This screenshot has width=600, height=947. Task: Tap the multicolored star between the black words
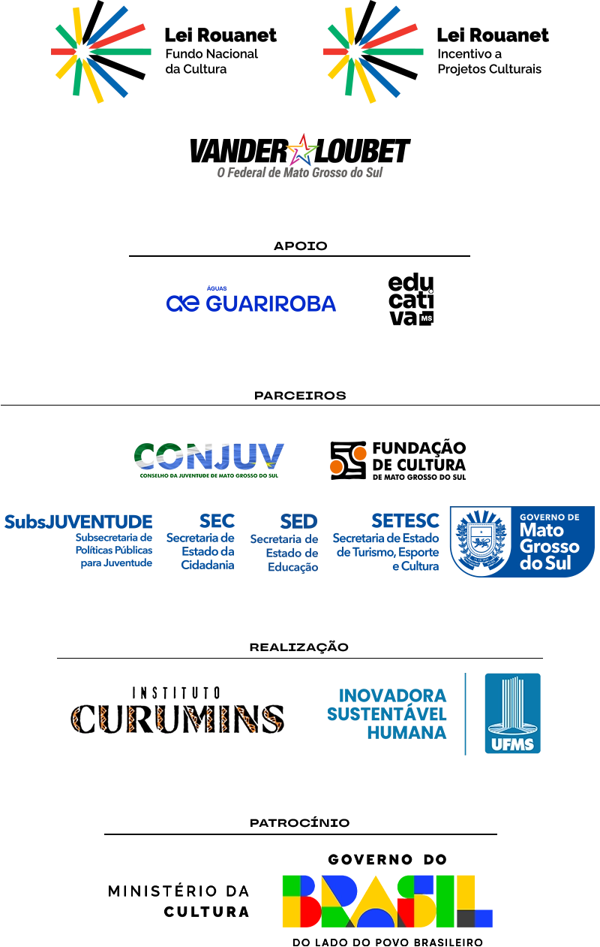[301, 151]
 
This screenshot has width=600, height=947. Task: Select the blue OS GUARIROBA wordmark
[249, 302]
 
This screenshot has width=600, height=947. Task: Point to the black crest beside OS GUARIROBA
[410, 300]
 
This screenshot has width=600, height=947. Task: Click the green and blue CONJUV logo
[208, 459]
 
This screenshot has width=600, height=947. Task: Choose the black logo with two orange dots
[397, 460]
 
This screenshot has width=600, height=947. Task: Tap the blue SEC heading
[218, 520]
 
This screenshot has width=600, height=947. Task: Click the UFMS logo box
[512, 714]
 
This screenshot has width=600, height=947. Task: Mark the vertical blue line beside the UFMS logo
[465, 714]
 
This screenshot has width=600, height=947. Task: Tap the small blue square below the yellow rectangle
[487, 918]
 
